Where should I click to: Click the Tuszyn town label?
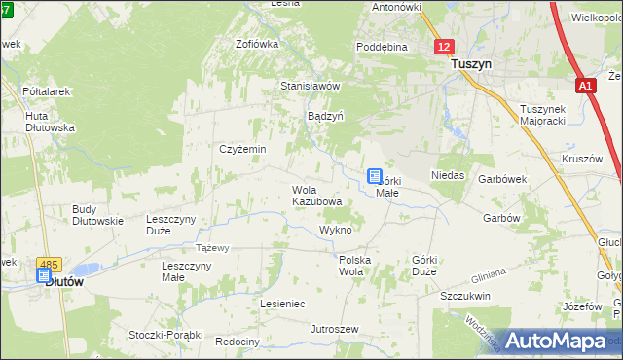(x=471, y=63)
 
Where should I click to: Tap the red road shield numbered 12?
(x=444, y=46)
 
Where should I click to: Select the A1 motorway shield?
(x=584, y=86)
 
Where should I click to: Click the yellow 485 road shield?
(x=48, y=263)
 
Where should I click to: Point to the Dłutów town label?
(x=63, y=280)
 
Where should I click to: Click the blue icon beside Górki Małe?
(x=375, y=176)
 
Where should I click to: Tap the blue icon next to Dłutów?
(x=44, y=276)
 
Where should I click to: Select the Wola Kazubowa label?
(x=317, y=196)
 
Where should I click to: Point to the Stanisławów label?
(x=311, y=86)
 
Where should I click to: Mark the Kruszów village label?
(x=582, y=159)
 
